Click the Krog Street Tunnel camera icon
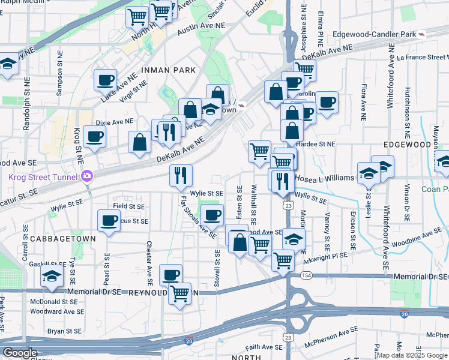[87, 176]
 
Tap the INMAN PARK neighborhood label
[168, 70]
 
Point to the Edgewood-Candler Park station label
[369, 34]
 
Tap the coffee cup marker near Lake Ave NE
[105, 79]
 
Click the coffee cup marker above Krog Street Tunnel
[94, 136]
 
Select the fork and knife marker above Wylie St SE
[180, 175]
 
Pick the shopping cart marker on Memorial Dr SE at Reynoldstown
[179, 293]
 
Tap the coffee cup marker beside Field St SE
[109, 220]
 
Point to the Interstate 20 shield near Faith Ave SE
[189, 341]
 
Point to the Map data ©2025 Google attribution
[412, 355]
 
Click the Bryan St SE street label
[64, 331]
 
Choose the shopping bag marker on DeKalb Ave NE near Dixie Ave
[139, 142]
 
